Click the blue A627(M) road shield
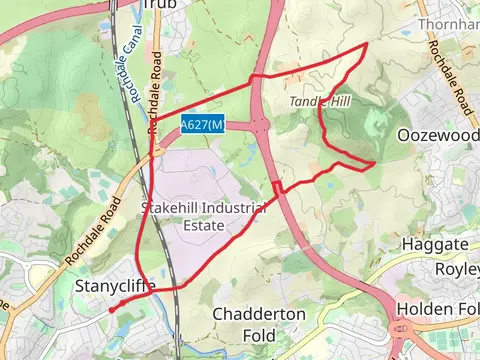click(x=202, y=124)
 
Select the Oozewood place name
click(x=437, y=134)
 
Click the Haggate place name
click(x=435, y=245)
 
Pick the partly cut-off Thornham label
click(x=449, y=22)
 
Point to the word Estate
click(x=203, y=226)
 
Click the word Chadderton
click(x=259, y=314)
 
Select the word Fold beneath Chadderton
click(x=259, y=335)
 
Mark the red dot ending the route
click(x=111, y=310)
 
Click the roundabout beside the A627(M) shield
click(x=261, y=125)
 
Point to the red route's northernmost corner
click(x=365, y=45)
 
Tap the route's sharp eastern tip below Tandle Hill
click(x=374, y=162)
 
